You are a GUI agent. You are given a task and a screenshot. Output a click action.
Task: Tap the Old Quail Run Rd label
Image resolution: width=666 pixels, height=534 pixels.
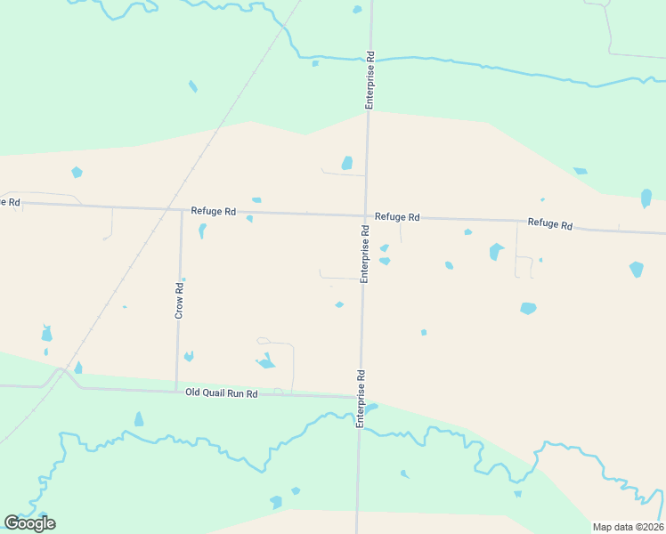pos(221,392)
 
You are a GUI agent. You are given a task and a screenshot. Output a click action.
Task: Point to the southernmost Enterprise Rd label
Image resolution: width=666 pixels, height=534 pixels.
pos(361,399)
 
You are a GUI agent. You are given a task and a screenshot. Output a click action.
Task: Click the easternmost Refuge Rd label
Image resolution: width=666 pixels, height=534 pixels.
pos(549,223)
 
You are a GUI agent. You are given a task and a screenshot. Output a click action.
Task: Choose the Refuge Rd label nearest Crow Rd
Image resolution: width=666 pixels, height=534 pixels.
pos(213,211)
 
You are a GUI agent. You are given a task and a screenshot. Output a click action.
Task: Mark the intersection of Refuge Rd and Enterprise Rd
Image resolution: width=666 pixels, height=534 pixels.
pos(366,214)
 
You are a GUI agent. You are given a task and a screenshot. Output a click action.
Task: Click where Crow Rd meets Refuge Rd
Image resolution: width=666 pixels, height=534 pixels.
pos(181,210)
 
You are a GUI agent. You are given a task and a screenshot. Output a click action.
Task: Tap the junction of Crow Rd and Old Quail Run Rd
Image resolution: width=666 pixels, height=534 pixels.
pos(177,390)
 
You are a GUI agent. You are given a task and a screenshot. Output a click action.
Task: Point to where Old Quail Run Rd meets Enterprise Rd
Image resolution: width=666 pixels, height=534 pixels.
pos(361,396)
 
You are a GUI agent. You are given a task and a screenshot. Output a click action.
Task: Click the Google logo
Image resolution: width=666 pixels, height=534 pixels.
pos(29,523)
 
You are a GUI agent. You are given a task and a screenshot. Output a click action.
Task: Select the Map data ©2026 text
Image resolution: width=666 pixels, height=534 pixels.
pos(627,526)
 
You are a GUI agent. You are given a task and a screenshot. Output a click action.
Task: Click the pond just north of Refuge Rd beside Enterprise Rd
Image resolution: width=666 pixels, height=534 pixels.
pos(347,163)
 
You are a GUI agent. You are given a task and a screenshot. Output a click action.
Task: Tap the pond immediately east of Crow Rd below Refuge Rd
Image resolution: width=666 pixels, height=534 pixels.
pos(202,231)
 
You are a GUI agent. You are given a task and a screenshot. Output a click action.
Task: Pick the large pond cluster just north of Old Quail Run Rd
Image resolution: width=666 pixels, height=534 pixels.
pos(265,361)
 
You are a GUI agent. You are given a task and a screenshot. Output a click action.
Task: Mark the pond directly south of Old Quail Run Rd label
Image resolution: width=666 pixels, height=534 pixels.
pos(139,419)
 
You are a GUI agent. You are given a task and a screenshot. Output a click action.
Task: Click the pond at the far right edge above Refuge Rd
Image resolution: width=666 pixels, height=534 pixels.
pos(646,198)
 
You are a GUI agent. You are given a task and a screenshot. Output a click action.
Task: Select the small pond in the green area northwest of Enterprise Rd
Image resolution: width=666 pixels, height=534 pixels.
pos(192,86)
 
